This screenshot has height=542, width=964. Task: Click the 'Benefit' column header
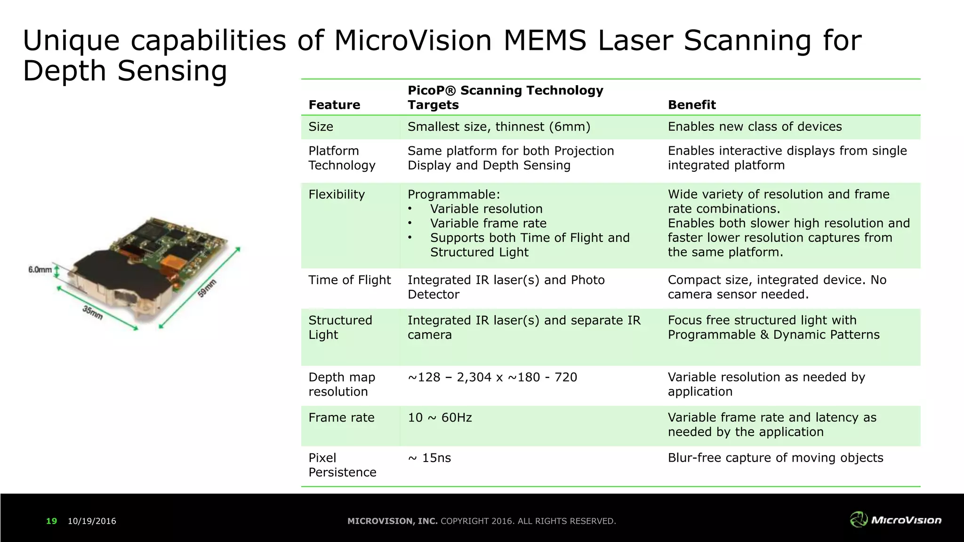click(691, 105)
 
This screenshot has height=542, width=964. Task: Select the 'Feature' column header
click(334, 105)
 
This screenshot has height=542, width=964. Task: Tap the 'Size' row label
click(321, 127)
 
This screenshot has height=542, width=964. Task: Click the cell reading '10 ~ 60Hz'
click(440, 418)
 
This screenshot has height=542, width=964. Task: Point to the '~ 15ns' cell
click(429, 458)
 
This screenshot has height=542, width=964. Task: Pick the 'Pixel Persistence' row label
click(342, 465)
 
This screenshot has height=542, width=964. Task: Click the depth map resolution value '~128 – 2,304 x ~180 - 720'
click(492, 377)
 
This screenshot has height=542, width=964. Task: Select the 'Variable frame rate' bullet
click(488, 223)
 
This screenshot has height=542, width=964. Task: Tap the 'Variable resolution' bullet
click(486, 209)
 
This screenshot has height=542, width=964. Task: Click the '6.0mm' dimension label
click(40, 270)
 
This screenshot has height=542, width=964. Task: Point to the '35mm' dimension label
click(93, 312)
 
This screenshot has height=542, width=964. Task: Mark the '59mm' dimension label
click(207, 288)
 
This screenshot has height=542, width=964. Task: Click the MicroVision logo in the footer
click(895, 520)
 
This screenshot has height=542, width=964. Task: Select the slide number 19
click(51, 521)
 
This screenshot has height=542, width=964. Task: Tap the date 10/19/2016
click(92, 521)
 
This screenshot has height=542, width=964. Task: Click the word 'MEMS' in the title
click(545, 40)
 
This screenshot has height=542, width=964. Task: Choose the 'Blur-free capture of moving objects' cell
click(775, 458)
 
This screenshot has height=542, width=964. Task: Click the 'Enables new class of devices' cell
click(755, 127)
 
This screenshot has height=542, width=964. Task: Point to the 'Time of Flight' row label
click(349, 280)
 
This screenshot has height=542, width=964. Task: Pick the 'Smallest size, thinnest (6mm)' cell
click(498, 127)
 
